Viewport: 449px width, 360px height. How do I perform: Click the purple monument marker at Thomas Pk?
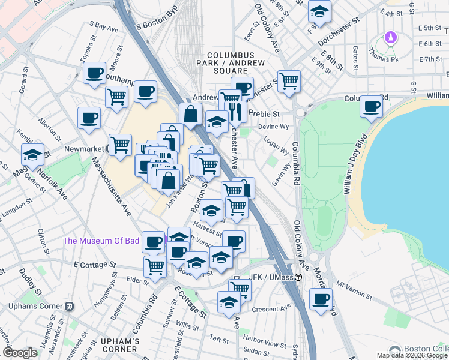(x=391, y=38)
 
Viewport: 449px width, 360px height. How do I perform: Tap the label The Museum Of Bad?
(x=101, y=241)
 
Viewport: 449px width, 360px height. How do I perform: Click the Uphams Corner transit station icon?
(x=69, y=305)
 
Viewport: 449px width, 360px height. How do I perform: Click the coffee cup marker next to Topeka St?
(x=94, y=73)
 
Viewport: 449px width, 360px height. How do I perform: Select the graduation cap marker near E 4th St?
(x=319, y=10)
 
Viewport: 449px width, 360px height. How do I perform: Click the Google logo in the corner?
(x=20, y=353)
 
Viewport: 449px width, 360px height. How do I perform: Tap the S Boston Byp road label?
(x=158, y=22)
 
